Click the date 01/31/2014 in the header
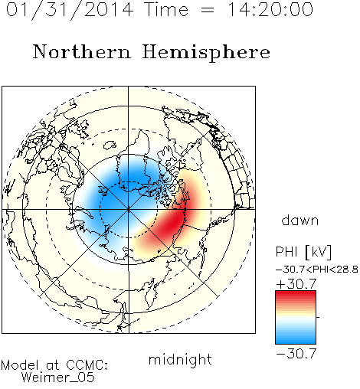pos(70,10)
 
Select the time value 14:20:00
pos(270,9)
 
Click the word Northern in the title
pos(82,52)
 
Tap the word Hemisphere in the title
pos(206,53)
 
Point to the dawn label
pos(300,220)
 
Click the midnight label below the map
pos(180,359)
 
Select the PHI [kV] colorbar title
pos(303,252)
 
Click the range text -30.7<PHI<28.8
pos(316,270)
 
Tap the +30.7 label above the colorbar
pos(296,284)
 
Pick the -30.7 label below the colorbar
pos(296,354)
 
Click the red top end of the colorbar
pos(296,293)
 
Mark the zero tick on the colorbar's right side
pos(318,317)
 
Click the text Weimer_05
pos(58,378)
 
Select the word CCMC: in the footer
pos(87,365)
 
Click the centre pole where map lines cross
pos(129,210)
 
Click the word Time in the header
pos(166,9)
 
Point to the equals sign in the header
pos(208,10)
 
